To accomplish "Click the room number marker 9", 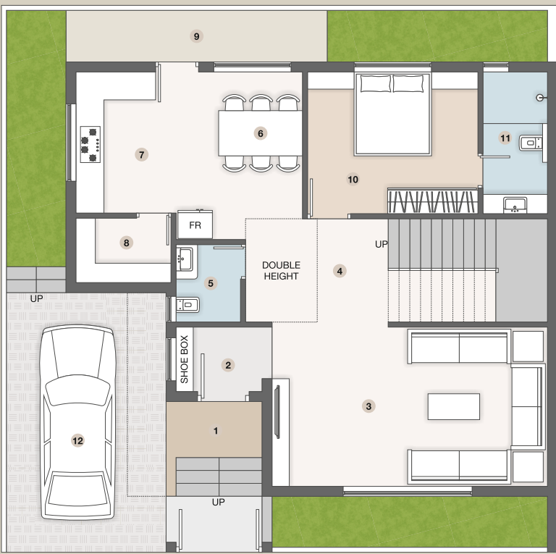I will coord(196,36).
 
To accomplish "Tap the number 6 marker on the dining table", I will coord(261,133).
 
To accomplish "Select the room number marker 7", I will coord(142,154).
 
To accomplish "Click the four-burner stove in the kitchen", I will coord(90,143).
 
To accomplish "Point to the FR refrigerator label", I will coord(195,225).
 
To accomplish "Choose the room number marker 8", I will coord(127,243).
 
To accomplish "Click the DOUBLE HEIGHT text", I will coord(281,270).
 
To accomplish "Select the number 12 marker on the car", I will coord(77,440).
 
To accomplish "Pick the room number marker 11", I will coord(505,138).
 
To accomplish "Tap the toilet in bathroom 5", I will coord(185,305).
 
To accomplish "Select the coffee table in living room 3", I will coord(453,406).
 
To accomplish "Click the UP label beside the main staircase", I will coord(381,244).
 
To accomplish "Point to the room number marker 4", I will coord(339,271).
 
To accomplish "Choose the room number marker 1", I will coord(215,431).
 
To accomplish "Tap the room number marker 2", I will coord(228,365).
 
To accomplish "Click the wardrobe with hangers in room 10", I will coord(432,200).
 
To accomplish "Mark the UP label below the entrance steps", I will coord(218,502).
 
